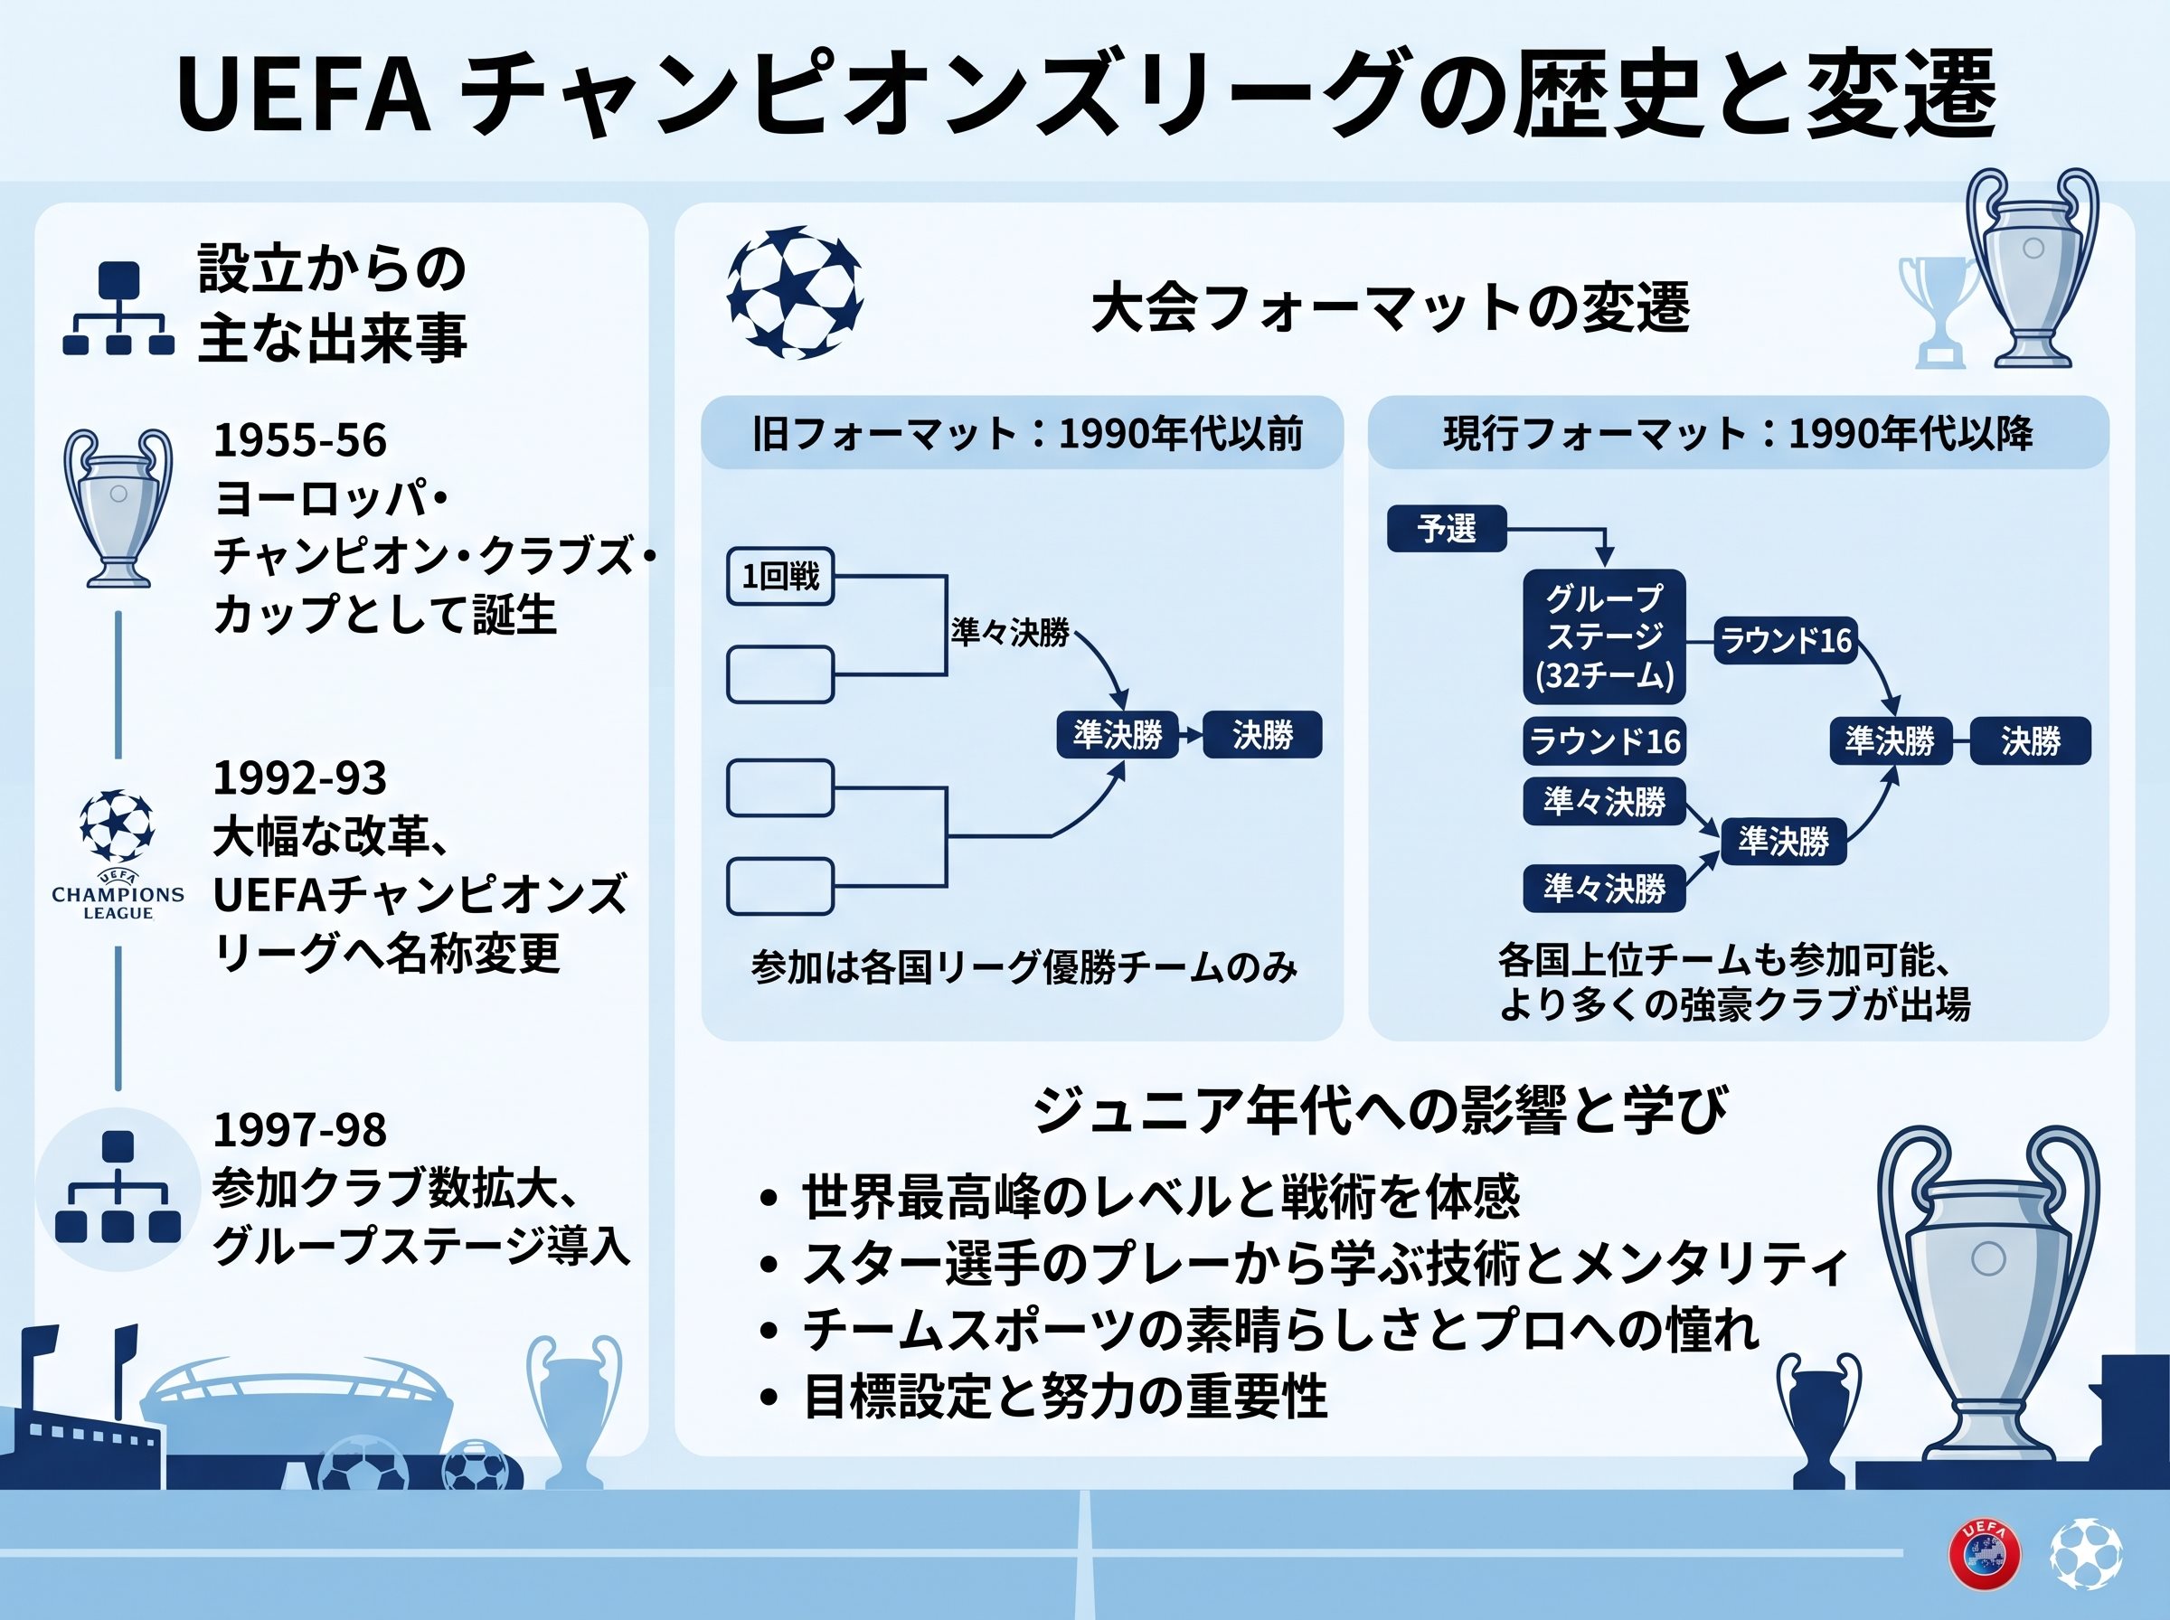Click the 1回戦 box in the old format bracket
pos(780,576)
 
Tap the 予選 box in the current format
pos(1447,529)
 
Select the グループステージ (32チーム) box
pos(1604,636)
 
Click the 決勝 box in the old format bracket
pos(1263,734)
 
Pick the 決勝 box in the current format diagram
pos(2031,740)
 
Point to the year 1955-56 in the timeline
pos(300,440)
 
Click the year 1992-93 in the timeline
pos(300,777)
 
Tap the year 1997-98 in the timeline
pos(300,1130)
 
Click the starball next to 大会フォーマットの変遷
pos(796,292)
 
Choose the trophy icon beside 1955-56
pos(118,508)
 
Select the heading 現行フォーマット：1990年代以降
pos(1738,433)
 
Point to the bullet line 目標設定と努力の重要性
pos(1065,1397)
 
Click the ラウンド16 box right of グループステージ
pos(1786,640)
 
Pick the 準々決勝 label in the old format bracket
pos(1010,633)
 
